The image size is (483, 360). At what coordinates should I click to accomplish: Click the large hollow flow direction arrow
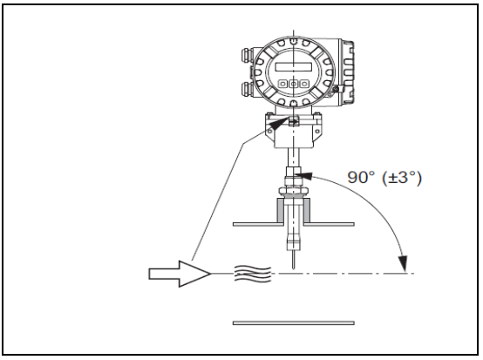[x=180, y=274]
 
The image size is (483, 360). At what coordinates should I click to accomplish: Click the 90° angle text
[x=362, y=177]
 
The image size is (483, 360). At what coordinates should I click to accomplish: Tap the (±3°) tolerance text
[x=402, y=178]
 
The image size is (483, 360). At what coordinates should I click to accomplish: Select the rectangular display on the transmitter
[x=294, y=67]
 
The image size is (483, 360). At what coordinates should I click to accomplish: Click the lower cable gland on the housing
[x=248, y=88]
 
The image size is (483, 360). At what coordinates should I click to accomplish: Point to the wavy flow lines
[x=253, y=274]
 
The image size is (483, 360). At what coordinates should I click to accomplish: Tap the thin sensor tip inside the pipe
[x=293, y=259]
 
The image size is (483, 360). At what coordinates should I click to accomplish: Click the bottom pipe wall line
[x=294, y=323]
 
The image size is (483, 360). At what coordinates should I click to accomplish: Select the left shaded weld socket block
[x=281, y=210]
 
